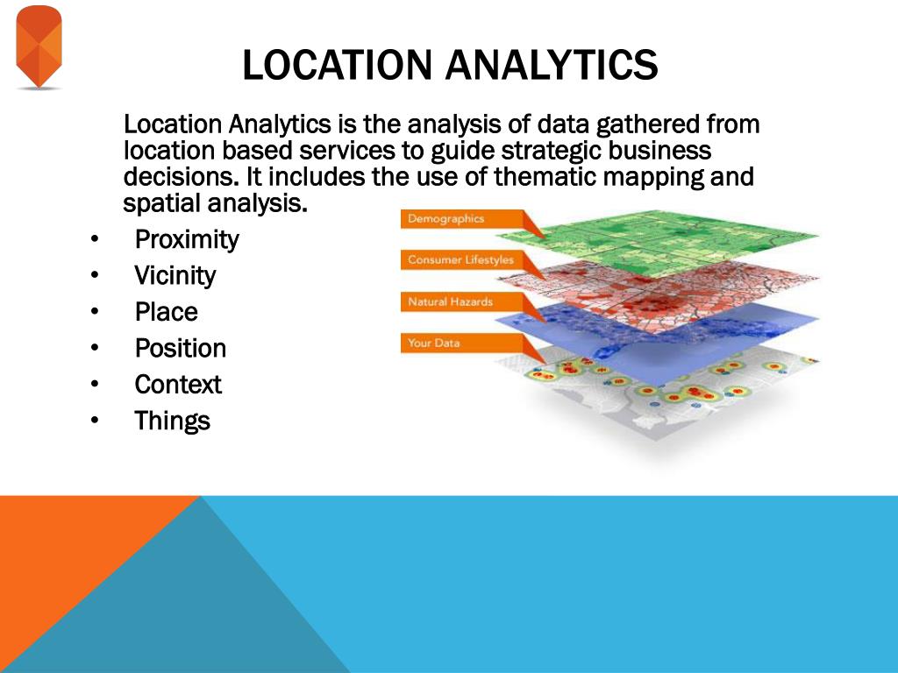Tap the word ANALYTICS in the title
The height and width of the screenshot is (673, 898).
click(552, 64)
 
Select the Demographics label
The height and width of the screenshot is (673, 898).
click(446, 218)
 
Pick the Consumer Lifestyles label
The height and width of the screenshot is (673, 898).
click(461, 259)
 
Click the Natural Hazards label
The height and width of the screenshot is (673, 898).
click(450, 301)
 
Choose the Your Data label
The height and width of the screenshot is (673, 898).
click(433, 343)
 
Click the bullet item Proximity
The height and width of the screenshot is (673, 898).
click(187, 240)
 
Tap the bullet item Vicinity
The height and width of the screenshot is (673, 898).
click(175, 276)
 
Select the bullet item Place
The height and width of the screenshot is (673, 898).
click(166, 312)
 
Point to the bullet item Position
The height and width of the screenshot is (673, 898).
click(181, 348)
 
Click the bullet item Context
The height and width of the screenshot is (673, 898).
click(178, 385)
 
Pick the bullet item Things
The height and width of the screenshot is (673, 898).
click(173, 421)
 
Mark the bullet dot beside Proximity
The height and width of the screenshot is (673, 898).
click(95, 239)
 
